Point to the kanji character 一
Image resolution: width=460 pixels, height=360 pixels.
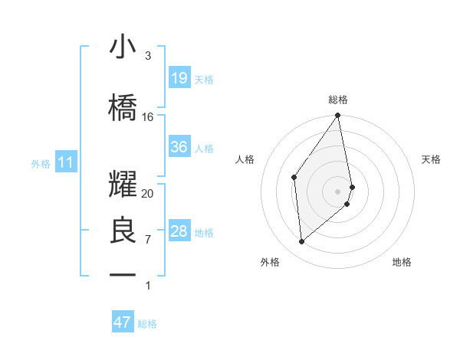pyautogui.click(x=123, y=274)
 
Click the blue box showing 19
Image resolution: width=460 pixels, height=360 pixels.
pyautogui.click(x=179, y=78)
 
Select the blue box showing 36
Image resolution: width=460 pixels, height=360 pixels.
pyautogui.click(x=179, y=147)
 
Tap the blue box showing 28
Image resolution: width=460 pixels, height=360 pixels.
pyautogui.click(x=179, y=231)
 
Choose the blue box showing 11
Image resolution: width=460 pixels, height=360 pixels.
pyautogui.click(x=66, y=162)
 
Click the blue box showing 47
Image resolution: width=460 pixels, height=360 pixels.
pyautogui.click(x=123, y=322)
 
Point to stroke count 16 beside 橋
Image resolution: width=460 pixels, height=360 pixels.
pyautogui.click(x=148, y=117)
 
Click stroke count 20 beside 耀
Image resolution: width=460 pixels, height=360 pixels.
pyautogui.click(x=148, y=194)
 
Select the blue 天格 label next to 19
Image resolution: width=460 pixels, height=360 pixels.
pyautogui.click(x=204, y=79)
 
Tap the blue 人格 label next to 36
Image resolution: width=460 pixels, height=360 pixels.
pyautogui.click(x=204, y=148)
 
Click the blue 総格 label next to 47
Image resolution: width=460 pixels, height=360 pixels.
pyautogui.click(x=147, y=324)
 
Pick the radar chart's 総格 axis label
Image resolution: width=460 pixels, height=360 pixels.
pyautogui.click(x=338, y=100)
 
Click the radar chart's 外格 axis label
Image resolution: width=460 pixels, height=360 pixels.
pyautogui.click(x=270, y=262)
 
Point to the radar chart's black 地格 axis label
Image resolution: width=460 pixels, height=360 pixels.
pyautogui.click(x=402, y=262)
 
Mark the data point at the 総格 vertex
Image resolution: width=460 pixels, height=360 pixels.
pyautogui.click(x=338, y=116)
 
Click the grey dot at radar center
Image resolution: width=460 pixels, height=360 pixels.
pyautogui.click(x=338, y=191)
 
